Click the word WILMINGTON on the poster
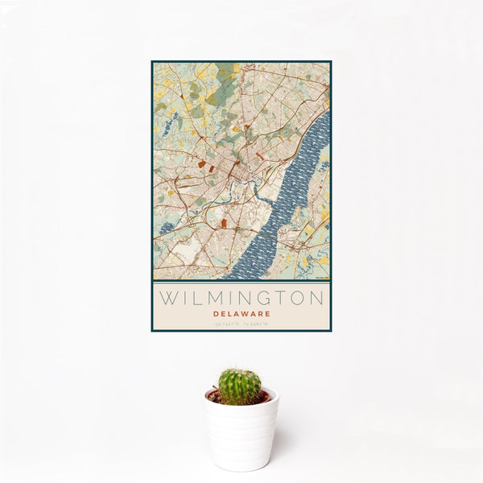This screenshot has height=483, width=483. [x=241, y=298]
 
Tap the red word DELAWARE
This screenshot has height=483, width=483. [x=242, y=313]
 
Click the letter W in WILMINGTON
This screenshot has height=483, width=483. [x=168, y=298]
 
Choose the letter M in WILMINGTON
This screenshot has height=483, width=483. [x=213, y=298]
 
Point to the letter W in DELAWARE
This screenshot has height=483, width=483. [x=250, y=313]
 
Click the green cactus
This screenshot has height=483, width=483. [x=240, y=386]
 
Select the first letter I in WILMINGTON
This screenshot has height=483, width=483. [x=184, y=298]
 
